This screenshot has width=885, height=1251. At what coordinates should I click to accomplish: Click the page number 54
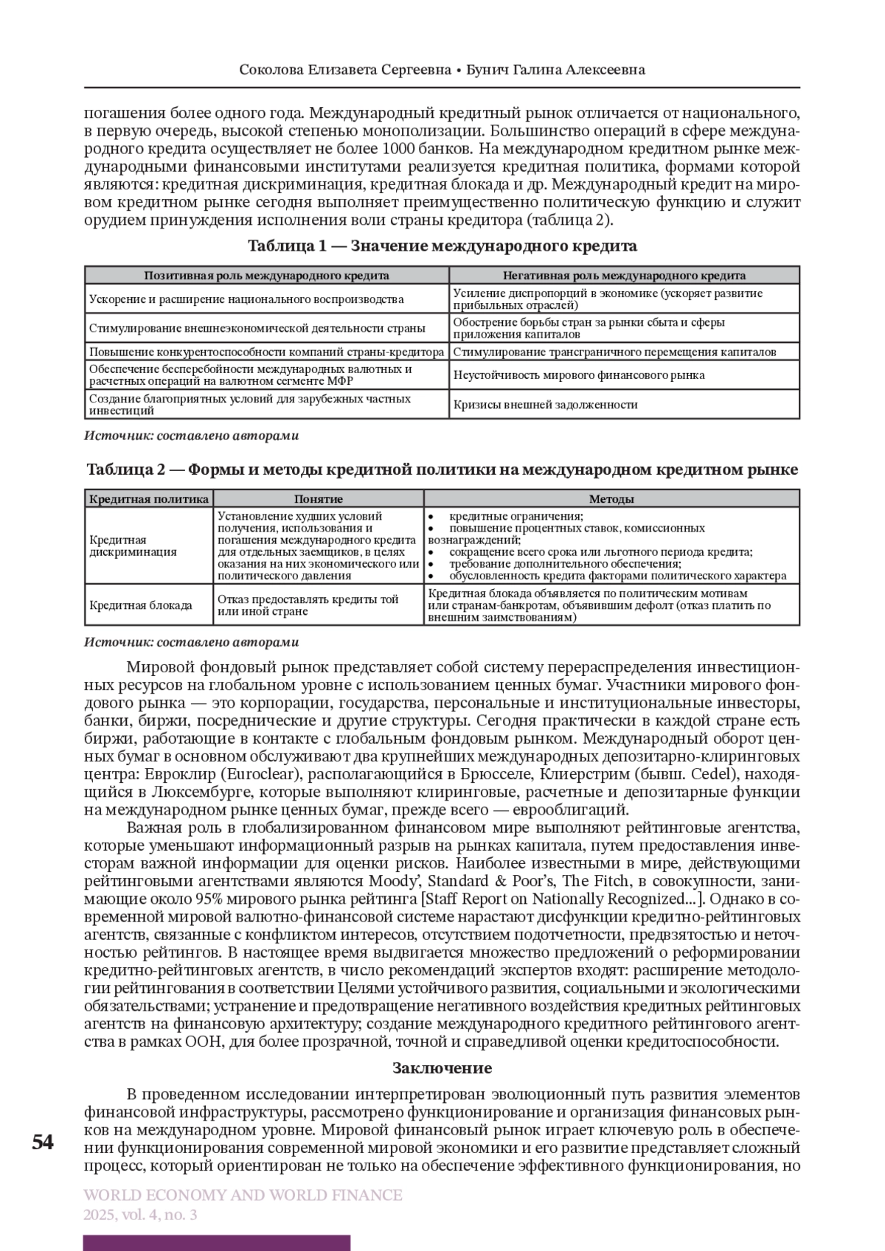coord(43,1142)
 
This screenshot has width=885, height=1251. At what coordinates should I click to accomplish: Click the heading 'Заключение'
coord(442,1068)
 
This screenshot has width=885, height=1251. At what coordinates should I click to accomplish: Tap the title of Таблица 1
coord(442,245)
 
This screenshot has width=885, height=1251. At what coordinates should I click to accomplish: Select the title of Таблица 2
coord(442,470)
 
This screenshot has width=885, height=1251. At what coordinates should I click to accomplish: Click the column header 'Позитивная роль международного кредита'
coord(266,276)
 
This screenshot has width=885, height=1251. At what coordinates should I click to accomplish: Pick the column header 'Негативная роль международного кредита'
coord(624,276)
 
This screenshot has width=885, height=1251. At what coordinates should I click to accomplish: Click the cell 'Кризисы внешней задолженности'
coord(545,404)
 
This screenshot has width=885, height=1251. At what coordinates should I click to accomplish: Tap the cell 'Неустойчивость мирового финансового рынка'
coord(579,374)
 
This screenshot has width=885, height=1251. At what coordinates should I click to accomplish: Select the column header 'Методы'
coord(611,499)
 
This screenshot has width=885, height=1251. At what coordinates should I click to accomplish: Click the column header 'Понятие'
coord(319,499)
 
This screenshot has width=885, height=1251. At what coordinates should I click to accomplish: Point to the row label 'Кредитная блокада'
coord(140,605)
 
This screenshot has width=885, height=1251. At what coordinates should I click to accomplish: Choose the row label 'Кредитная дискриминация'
coord(133,546)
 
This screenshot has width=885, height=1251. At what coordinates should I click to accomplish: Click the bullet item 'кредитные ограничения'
coord(516,516)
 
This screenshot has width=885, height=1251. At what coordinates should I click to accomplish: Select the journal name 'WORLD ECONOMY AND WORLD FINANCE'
coord(243,1195)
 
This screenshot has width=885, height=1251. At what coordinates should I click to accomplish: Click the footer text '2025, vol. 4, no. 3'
coord(140,1215)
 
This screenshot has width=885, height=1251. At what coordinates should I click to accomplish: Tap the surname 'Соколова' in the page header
coord(271,70)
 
